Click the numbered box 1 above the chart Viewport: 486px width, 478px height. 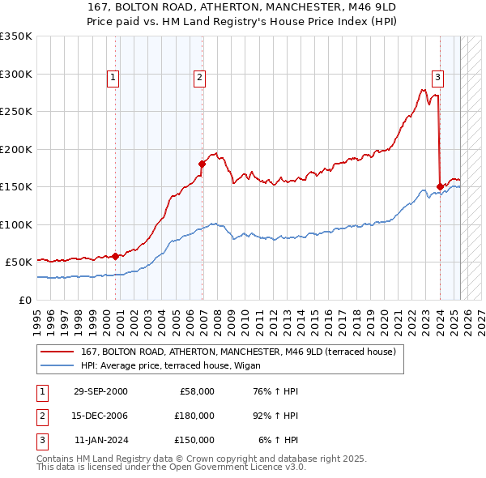[113, 78]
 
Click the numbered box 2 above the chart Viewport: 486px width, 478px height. [199, 78]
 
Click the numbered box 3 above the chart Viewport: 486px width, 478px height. [437, 78]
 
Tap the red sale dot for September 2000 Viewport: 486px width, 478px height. [115, 256]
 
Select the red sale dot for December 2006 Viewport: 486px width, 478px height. [202, 164]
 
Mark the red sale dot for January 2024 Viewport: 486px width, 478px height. [440, 186]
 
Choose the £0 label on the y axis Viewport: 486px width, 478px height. [25, 300]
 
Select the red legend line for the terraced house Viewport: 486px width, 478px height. [57, 352]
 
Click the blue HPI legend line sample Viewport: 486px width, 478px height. [57, 365]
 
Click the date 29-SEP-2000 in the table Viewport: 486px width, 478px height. [100, 391]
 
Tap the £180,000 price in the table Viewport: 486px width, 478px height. [194, 416]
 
